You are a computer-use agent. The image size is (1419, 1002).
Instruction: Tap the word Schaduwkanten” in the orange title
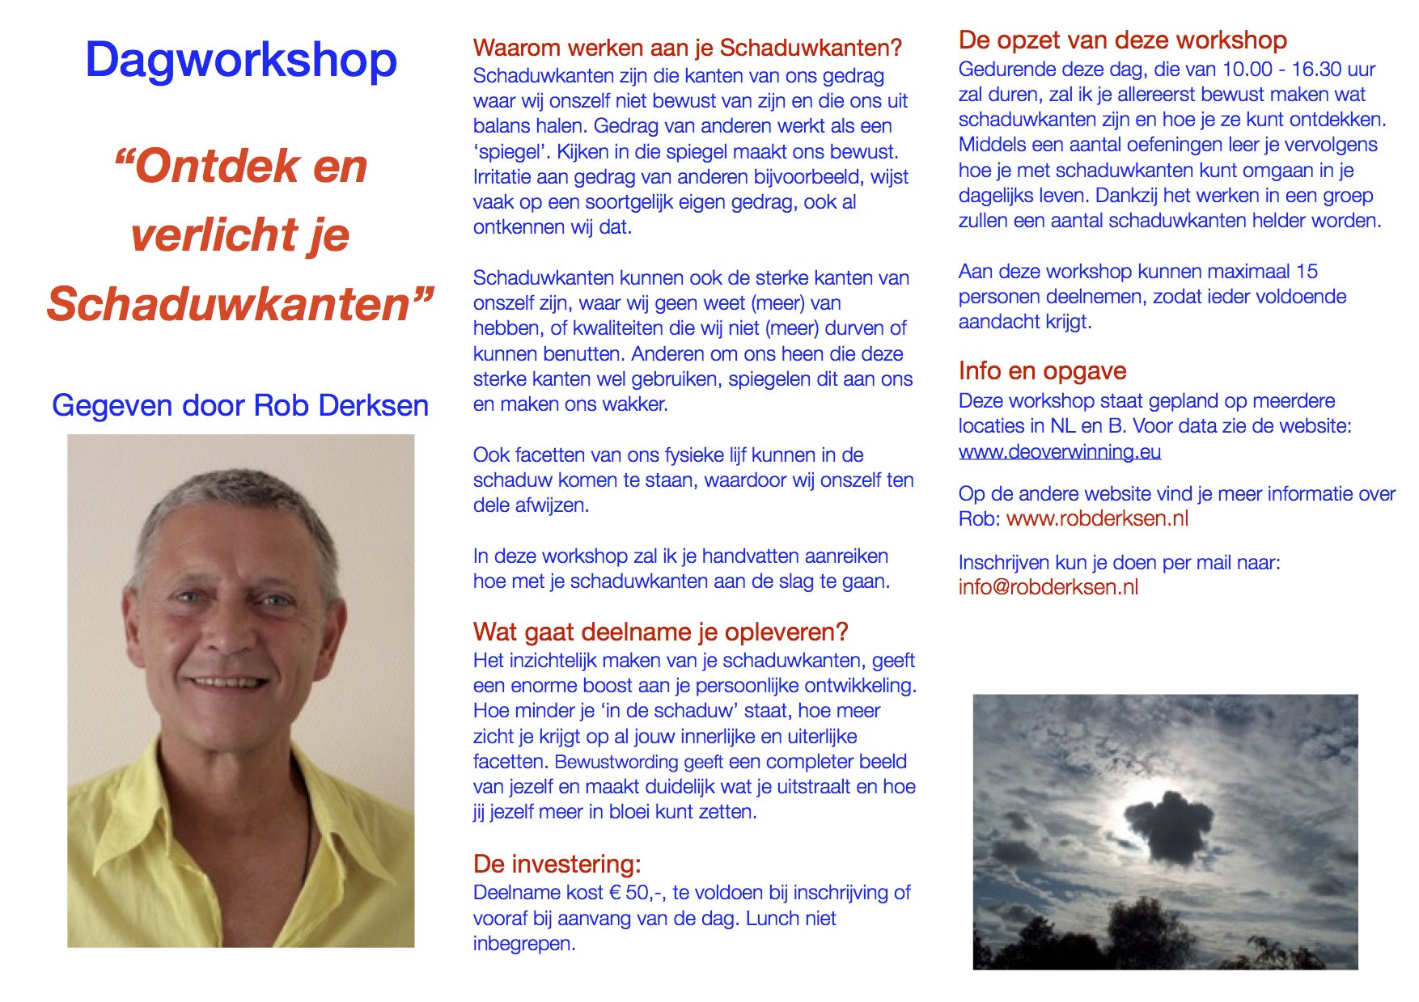240,304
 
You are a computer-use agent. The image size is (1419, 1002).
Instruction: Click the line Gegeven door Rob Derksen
240,405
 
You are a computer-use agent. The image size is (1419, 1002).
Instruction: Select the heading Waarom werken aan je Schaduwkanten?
687,49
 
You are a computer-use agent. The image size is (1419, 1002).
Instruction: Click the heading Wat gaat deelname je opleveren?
660,632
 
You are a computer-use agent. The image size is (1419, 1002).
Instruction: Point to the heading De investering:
557,865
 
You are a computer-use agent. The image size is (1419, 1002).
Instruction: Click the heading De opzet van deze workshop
1122,40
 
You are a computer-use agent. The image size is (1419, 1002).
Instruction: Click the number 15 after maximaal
1307,271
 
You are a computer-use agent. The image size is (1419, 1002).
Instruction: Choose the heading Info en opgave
1042,371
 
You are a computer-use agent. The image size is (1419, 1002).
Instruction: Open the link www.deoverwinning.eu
1060,451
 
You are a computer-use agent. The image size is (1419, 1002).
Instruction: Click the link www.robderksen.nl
1097,519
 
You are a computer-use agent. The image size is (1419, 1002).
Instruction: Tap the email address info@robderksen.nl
1048,588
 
